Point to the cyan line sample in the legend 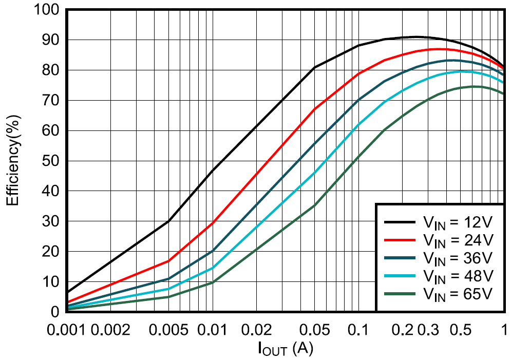[x=400, y=276]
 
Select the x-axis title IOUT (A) [x=285, y=349]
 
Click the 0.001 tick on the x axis [x=68, y=329]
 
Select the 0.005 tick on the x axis [x=169, y=329]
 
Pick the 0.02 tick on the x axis [x=256, y=329]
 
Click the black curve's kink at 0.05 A [x=314, y=67]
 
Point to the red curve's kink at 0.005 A [x=169, y=261]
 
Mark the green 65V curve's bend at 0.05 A [x=314, y=205]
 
